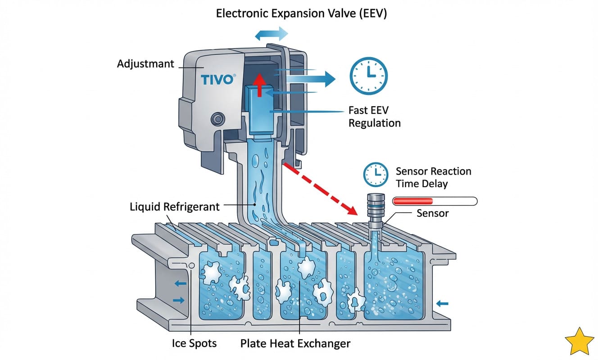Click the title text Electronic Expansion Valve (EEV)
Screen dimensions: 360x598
[302, 13]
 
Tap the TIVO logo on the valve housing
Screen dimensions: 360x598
[217, 80]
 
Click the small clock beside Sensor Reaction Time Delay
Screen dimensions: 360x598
[376, 174]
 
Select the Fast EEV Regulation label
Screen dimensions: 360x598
[374, 116]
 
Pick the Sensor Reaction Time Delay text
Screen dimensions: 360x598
[433, 177]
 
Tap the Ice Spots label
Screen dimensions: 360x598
[194, 343]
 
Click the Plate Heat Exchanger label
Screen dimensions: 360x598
[295, 344]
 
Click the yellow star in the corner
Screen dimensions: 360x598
[579, 341]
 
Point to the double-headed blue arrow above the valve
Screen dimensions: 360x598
[272, 34]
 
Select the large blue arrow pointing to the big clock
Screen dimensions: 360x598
[311, 79]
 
